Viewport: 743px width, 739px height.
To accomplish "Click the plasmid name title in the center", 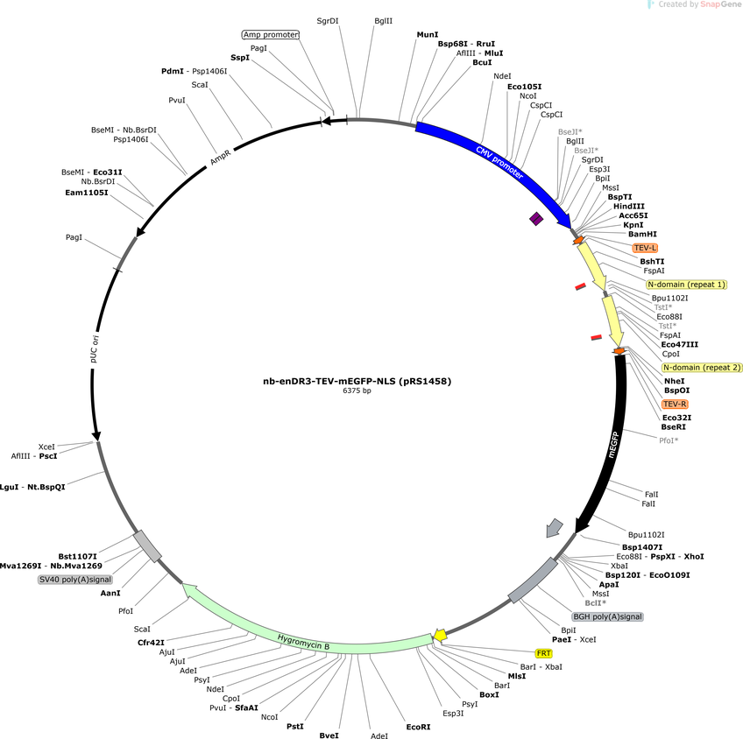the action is click(357, 381).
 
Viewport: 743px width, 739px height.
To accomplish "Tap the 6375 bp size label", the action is click(357, 391).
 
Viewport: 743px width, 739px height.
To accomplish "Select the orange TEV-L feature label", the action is click(645, 248).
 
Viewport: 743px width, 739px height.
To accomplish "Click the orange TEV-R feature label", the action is click(675, 404).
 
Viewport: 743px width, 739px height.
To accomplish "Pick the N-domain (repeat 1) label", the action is click(687, 285).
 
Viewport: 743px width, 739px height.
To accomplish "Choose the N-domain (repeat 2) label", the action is click(702, 368).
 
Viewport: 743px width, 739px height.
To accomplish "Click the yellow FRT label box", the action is click(543, 653).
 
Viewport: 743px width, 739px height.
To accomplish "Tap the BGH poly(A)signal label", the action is click(607, 616).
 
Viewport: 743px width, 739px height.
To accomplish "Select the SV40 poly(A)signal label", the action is click(74, 580).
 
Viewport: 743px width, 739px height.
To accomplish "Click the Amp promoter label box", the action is click(271, 34).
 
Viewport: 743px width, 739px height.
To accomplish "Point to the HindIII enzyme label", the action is click(629, 207).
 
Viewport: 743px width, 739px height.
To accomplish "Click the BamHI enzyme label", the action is click(642, 234).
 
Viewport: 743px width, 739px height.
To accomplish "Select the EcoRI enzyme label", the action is click(418, 727).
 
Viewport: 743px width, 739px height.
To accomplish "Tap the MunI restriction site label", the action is click(428, 34).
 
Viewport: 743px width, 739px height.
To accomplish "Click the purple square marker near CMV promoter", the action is click(536, 219).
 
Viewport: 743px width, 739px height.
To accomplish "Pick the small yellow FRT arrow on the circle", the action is click(440, 636).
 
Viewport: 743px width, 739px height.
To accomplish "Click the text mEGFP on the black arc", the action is click(612, 445).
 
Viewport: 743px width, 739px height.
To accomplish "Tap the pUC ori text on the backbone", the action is click(95, 348).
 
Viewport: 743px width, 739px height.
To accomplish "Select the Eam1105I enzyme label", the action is click(86, 193).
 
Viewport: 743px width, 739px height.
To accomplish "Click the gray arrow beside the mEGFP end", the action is click(554, 528).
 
